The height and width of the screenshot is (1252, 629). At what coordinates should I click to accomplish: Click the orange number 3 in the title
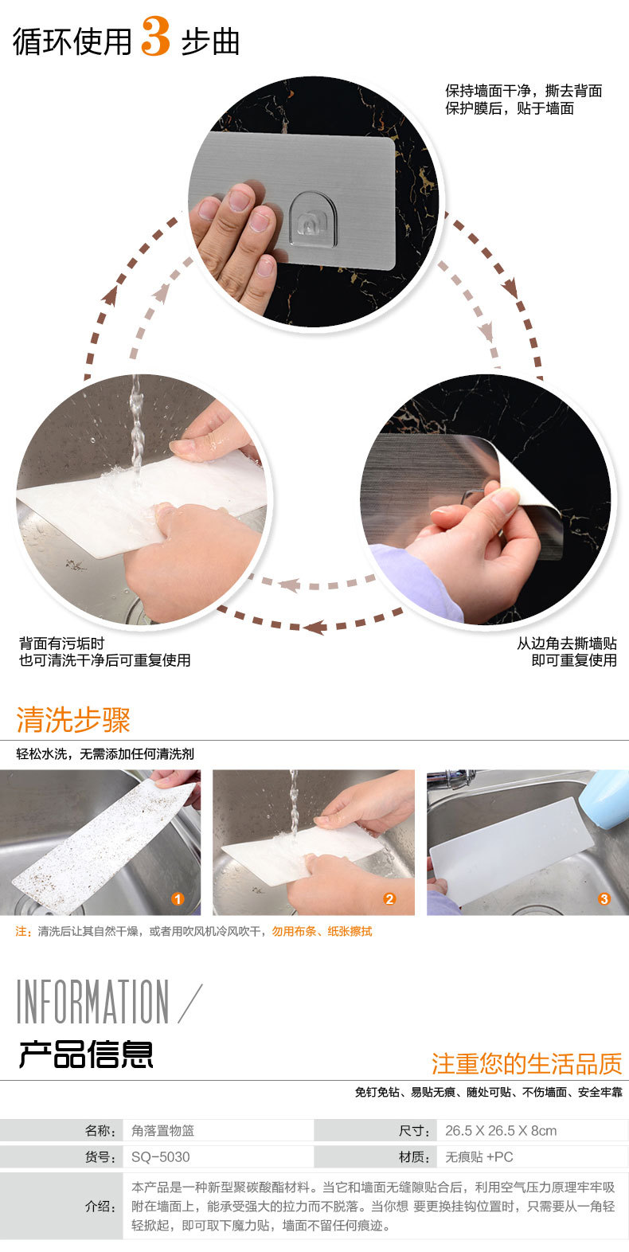pos(156,37)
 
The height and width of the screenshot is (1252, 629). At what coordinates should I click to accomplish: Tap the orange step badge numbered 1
pos(178,898)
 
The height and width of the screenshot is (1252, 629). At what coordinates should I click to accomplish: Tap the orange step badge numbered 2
pos(389,898)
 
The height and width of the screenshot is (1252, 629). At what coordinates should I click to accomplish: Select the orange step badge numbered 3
pos(604,898)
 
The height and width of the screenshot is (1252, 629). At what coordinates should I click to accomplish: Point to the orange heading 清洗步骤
pos(73,719)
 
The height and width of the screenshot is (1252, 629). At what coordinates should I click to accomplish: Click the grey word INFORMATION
pos(92,1001)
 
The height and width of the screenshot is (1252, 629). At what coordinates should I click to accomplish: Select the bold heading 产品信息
pos(86,1054)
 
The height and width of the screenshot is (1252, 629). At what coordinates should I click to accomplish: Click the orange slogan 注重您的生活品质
pos(527,1063)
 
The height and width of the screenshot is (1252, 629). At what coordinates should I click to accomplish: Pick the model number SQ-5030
pos(160,1157)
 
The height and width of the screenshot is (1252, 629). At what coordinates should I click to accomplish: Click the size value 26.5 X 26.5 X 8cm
pos(501,1131)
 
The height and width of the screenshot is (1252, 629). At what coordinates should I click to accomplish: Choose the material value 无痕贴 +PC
pos(479,1157)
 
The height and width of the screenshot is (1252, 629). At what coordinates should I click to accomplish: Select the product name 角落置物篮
pos(162,1131)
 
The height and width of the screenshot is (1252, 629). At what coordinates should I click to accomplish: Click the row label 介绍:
pos(100,1206)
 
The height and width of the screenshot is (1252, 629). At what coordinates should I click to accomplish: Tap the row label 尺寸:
pos(414,1131)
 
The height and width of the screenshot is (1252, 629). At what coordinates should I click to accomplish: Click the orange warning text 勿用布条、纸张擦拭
pos(322,931)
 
